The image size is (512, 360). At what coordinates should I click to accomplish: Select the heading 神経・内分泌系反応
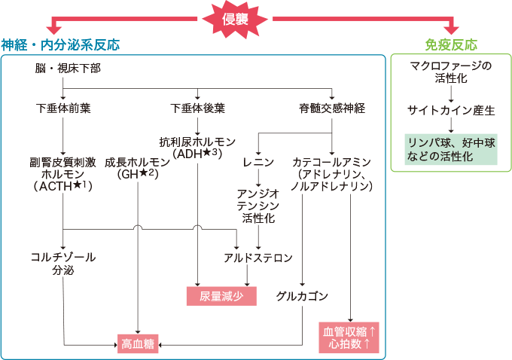pos(60,44)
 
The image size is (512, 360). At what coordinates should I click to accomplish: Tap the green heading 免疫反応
pos(451,44)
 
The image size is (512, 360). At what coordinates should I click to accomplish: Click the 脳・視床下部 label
pos(68,69)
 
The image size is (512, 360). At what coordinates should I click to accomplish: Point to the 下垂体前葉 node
pos(63,108)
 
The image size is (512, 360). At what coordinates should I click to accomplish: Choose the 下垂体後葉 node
pos(197,108)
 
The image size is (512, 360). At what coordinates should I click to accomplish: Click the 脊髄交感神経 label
pos(332,108)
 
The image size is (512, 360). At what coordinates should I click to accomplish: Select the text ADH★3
pos(197,154)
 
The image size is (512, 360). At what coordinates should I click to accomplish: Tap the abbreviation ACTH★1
pos(63,186)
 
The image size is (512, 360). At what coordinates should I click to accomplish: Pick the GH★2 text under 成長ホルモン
pos(139,174)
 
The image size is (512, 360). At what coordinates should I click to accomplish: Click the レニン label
pos(258,162)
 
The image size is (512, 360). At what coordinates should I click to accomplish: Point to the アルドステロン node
pos(258,258)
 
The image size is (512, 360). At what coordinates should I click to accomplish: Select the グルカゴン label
pos(301,294)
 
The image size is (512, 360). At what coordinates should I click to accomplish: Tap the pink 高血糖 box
pos(138,343)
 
